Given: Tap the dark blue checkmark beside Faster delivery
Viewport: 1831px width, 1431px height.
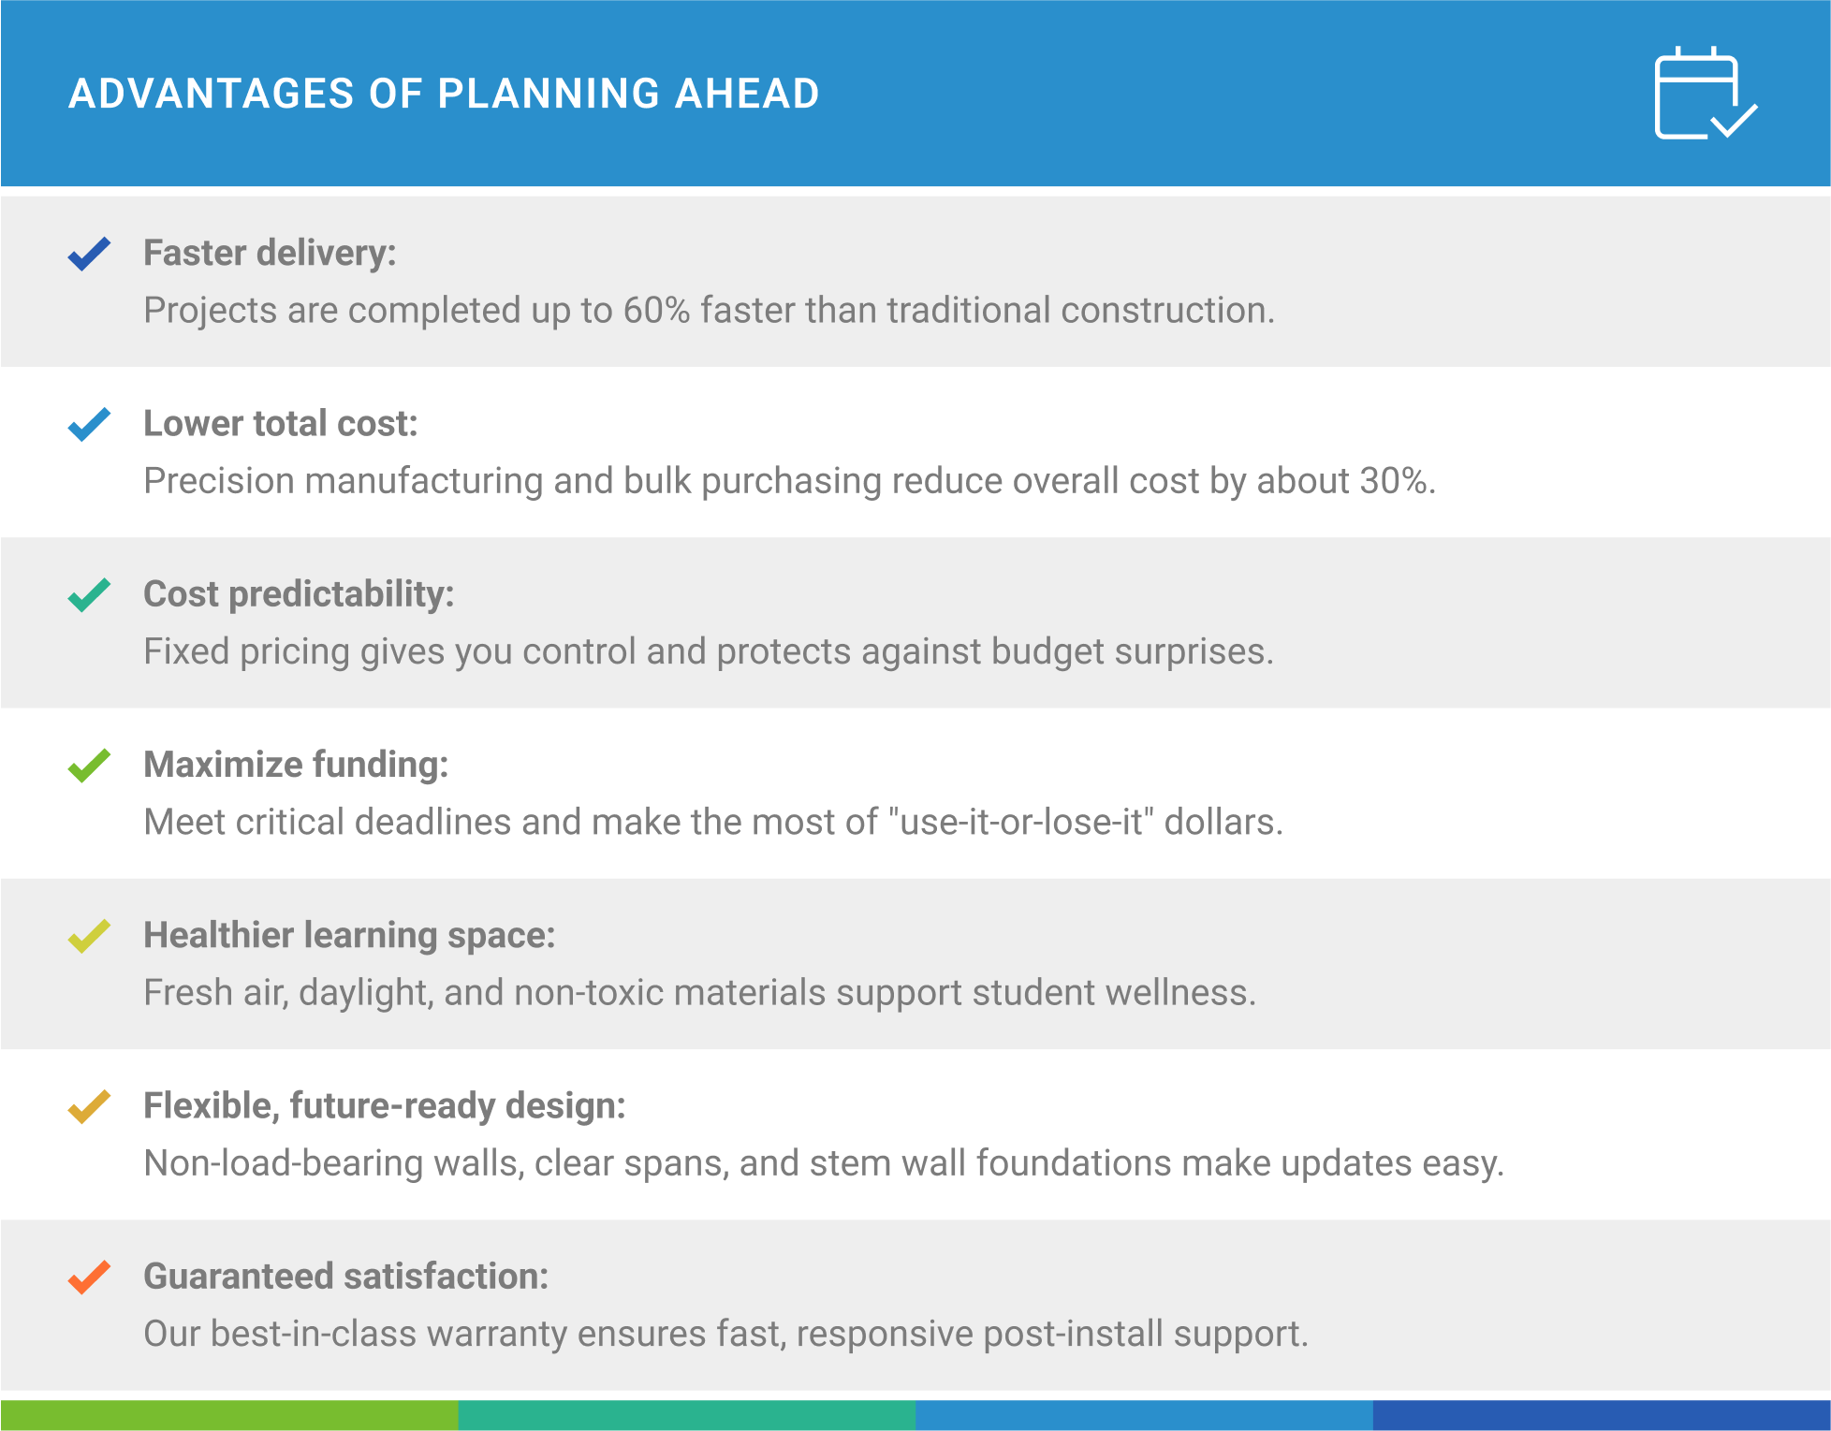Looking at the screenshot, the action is click(x=90, y=254).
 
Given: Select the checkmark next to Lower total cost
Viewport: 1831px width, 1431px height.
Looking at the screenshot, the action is click(x=90, y=424).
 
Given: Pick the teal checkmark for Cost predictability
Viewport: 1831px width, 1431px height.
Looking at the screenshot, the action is click(x=90, y=594).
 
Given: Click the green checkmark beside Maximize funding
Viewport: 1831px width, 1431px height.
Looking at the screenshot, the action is click(x=90, y=766).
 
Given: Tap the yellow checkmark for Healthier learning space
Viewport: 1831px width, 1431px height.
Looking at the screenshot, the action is click(x=90, y=936).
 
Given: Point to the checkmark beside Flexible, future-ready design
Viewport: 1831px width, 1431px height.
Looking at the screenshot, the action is click(x=90, y=1106).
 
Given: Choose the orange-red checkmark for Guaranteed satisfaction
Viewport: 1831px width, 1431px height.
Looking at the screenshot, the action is click(x=90, y=1277).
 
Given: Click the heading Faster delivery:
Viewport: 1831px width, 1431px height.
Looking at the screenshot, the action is click(x=270, y=254).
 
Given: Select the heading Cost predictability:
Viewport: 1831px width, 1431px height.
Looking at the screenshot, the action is click(x=299, y=594).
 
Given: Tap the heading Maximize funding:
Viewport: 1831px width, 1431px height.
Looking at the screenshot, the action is click(x=296, y=765).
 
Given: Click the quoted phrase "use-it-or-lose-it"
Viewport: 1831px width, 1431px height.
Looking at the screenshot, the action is click(x=1021, y=821).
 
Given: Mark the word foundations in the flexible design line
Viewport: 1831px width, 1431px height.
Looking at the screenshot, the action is click(x=1074, y=1163).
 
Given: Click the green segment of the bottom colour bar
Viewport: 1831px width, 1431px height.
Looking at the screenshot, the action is click(x=229, y=1415).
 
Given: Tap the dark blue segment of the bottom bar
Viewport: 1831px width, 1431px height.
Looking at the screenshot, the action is click(x=1602, y=1415).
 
